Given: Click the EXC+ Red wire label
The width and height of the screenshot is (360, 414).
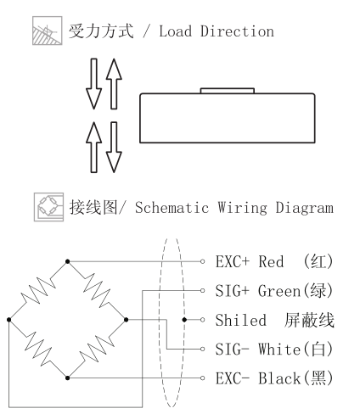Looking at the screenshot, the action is click(274, 261).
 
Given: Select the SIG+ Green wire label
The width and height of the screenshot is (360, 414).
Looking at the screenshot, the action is click(274, 290).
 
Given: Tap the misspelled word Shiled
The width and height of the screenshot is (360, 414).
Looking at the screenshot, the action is click(241, 320).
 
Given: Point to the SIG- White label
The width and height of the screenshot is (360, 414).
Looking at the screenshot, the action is click(274, 349).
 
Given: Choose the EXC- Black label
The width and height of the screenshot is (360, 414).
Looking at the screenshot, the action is click(274, 378).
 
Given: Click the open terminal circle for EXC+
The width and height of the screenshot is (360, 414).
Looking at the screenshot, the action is click(202, 261).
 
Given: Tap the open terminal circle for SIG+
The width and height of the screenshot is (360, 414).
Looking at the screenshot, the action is click(202, 290).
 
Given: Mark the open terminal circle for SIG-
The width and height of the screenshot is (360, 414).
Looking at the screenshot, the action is click(202, 349).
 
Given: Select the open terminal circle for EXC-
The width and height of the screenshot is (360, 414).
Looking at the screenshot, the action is click(202, 378).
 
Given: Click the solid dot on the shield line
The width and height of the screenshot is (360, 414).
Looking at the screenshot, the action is click(184, 320).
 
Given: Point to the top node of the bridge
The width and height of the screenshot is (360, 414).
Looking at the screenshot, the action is click(67, 261).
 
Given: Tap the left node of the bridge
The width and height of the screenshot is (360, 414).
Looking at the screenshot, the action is click(9, 320).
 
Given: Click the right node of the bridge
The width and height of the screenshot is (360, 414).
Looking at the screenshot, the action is click(126, 320).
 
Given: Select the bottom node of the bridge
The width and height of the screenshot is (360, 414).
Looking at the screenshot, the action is click(67, 378).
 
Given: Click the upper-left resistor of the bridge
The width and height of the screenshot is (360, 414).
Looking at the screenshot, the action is click(38, 291).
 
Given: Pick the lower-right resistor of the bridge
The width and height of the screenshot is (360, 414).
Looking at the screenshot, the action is click(97, 349).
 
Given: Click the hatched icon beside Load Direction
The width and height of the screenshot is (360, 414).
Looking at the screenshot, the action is click(48, 31).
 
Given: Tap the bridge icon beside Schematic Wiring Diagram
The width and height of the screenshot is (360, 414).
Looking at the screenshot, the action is click(48, 207).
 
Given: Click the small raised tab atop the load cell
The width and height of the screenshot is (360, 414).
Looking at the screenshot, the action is click(228, 91).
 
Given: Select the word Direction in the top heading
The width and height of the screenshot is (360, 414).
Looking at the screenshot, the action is click(237, 31).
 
